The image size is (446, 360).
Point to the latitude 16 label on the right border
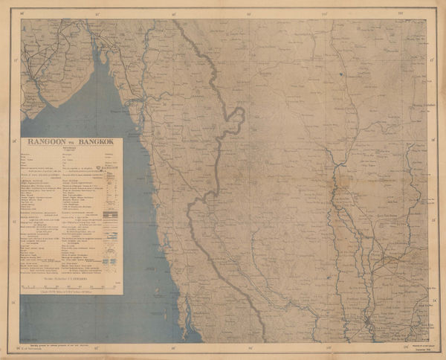pos(433,139)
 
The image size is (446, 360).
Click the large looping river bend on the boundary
pos(236,119)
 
